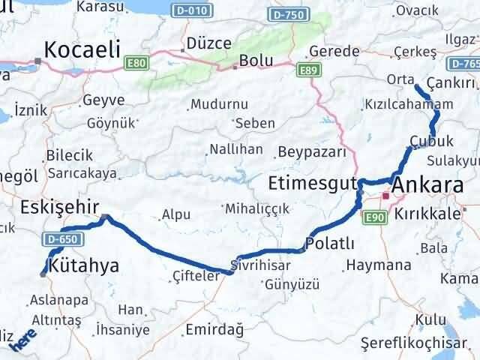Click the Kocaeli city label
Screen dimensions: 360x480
82,49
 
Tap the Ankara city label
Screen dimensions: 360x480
427,184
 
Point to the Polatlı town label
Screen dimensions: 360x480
326,244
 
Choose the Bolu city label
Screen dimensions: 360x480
253,60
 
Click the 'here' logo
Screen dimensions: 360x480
22,343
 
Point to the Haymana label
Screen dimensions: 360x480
379,265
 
